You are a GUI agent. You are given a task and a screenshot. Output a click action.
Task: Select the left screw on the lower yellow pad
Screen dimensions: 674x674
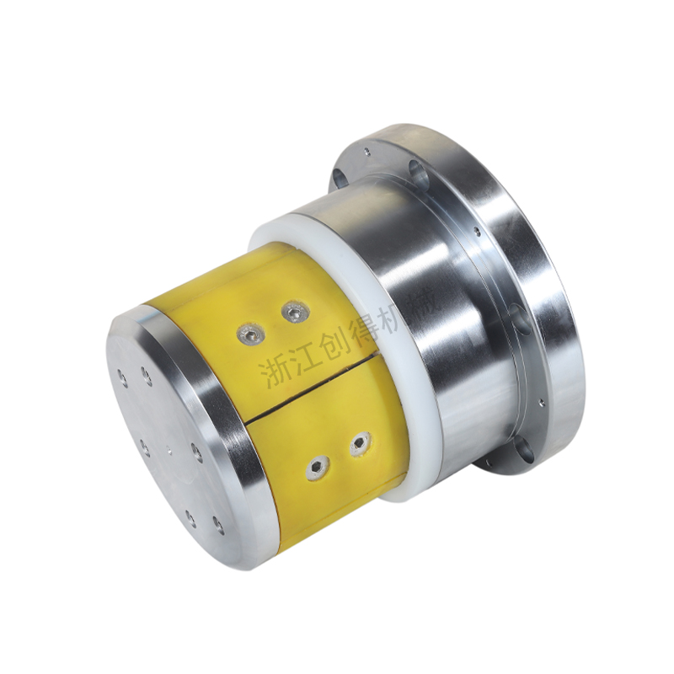point(318,465)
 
